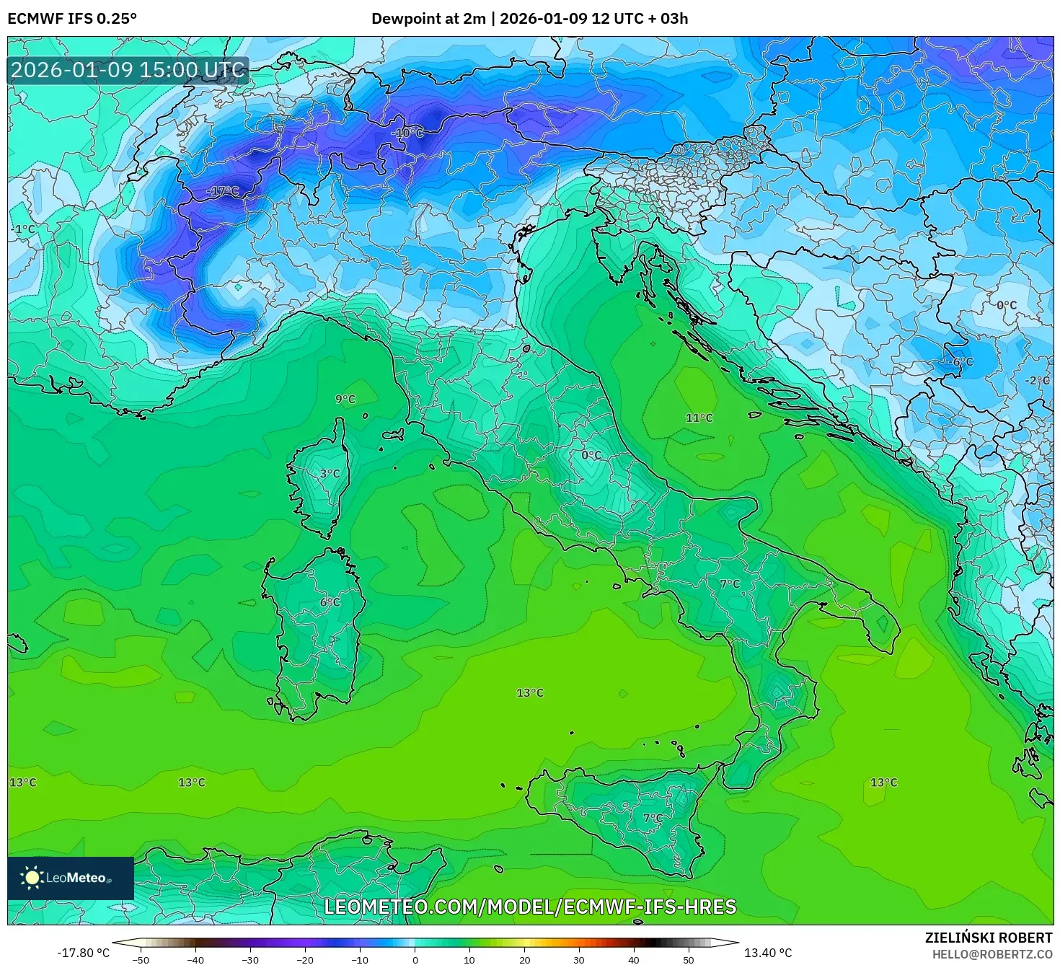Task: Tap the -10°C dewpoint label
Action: coord(407,133)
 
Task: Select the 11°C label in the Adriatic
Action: coord(699,418)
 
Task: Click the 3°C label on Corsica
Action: coord(330,474)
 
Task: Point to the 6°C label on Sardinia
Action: coord(330,602)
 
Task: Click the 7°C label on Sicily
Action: coord(653,818)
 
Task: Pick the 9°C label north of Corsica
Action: coord(345,400)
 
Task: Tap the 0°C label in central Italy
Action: coord(591,455)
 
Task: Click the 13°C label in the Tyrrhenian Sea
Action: coord(530,693)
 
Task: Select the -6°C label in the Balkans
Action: coord(962,362)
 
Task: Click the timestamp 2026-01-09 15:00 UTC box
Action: coord(128,70)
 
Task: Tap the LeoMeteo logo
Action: coord(71,878)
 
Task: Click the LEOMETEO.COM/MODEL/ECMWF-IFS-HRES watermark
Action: coord(530,907)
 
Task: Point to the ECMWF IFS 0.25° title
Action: coord(72,19)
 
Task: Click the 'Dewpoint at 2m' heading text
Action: coord(428,19)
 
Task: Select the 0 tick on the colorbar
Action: coord(415,959)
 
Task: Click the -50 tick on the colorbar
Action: coord(141,959)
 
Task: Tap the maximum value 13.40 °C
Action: coord(768,953)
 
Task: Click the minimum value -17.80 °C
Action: coord(84,953)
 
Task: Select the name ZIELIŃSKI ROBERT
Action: coord(989,938)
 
